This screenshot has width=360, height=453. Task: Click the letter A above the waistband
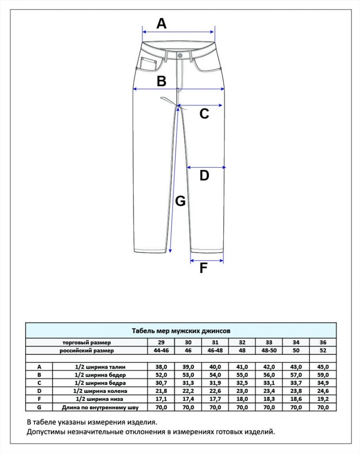[162, 24]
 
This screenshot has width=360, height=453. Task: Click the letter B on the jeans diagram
[162, 81]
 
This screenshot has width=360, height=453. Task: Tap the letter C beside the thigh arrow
[204, 114]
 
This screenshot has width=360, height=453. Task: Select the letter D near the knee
[204, 175]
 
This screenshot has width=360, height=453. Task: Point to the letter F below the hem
[203, 268]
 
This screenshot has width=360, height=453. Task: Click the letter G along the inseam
[180, 201]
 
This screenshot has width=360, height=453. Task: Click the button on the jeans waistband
[180, 55]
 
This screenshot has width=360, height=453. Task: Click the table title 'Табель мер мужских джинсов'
[181, 331]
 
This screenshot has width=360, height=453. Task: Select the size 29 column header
[161, 342]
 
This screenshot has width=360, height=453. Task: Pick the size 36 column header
[323, 342]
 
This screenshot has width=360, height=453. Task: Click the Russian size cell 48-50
[269, 351]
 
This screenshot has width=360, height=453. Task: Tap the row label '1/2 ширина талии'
[100, 367]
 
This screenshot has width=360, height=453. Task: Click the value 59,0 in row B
[323, 375]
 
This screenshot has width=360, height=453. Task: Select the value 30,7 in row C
[161, 383]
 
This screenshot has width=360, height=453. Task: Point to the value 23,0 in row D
[242, 391]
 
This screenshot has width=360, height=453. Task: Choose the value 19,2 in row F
[323, 399]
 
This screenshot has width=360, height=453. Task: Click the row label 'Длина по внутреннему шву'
[100, 408]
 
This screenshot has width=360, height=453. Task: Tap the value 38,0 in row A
[161, 367]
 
